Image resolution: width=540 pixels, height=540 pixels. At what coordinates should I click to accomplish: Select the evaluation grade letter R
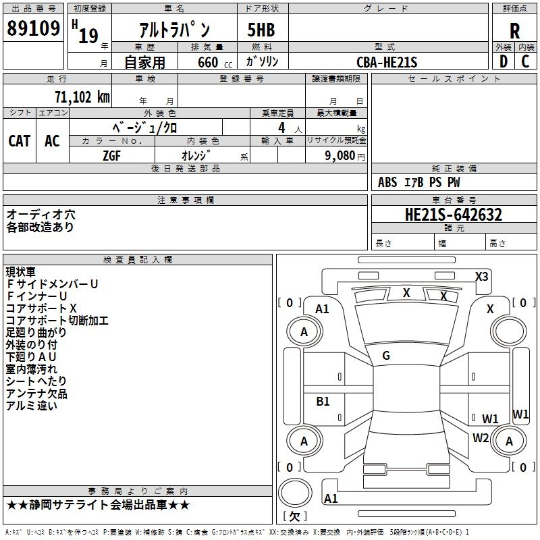click(514, 31)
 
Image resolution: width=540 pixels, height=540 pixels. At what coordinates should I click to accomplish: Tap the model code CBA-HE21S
click(387, 62)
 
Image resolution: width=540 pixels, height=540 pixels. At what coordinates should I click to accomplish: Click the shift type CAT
click(19, 140)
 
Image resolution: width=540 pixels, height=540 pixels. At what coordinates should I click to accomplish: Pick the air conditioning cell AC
click(52, 140)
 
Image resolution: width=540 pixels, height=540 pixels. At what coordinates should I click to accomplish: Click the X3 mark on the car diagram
click(481, 276)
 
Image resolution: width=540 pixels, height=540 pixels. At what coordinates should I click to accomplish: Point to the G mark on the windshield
click(386, 355)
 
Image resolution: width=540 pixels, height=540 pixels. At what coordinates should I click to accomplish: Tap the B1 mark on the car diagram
click(323, 401)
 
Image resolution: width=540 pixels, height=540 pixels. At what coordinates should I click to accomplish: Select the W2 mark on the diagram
click(481, 437)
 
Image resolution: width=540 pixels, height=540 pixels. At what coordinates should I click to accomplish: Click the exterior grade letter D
click(503, 61)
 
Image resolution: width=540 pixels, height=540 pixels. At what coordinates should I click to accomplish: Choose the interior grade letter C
click(525, 61)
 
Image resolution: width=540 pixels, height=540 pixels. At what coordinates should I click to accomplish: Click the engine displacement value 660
click(208, 62)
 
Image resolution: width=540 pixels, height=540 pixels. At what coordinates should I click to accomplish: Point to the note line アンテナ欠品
click(36, 394)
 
